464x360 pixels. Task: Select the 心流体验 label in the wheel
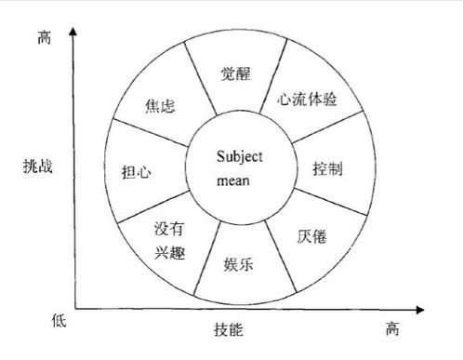click(x=309, y=99)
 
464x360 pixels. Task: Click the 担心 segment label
click(x=138, y=172)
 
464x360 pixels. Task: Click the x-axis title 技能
click(x=230, y=328)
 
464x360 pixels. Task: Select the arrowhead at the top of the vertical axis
click(x=73, y=33)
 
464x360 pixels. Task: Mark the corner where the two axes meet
click(x=74, y=308)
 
